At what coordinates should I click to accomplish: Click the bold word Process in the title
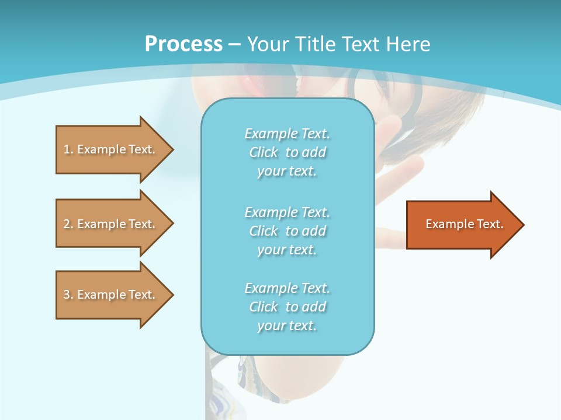(183, 44)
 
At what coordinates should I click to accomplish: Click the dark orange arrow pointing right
(465, 225)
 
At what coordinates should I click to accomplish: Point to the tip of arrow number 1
(174, 150)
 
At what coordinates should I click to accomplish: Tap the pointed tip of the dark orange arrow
(524, 225)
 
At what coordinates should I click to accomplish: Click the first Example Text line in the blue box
(288, 134)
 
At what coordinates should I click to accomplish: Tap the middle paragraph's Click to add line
(288, 231)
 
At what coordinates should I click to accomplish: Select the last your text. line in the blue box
(287, 325)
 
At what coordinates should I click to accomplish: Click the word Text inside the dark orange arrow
(490, 224)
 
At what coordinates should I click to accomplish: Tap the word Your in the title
(268, 44)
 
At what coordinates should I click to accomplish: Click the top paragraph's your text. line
(287, 171)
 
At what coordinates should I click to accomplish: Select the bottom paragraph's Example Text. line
(288, 288)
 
